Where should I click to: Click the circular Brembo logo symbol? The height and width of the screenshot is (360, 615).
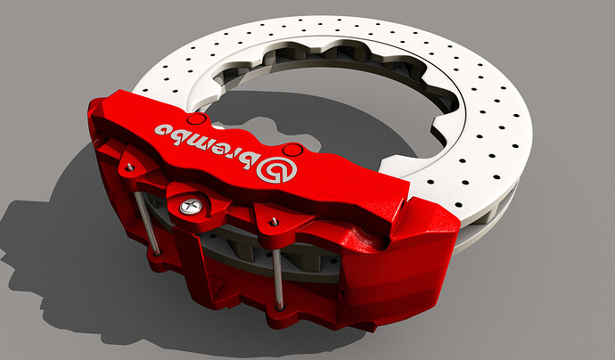point(276,169)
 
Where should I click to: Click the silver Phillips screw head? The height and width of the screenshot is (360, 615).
point(190,206)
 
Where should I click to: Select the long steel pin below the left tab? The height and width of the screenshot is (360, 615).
point(148,224)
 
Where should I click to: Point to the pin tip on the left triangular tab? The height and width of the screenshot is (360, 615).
point(129,168)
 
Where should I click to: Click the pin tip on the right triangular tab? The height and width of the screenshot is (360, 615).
point(275,222)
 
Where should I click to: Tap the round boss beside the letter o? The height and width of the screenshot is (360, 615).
point(196,119)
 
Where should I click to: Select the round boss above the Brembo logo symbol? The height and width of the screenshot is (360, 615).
point(293,150)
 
